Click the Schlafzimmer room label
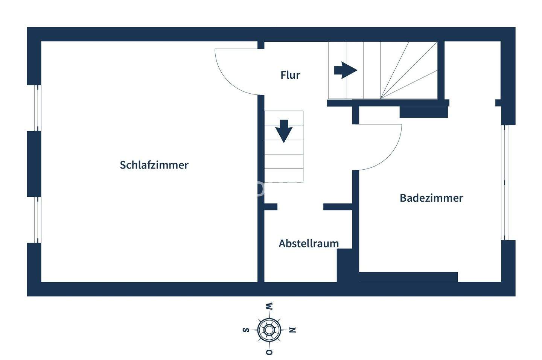click(x=154, y=165)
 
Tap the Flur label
click(x=290, y=75)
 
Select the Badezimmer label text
click(x=431, y=198)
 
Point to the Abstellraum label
click(x=309, y=243)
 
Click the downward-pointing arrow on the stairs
click(x=284, y=131)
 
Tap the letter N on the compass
click(x=292, y=330)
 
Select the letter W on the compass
click(x=269, y=306)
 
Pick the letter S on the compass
click(x=246, y=330)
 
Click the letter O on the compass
click(x=269, y=352)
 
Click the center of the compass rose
click(x=269, y=330)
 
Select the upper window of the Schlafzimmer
click(x=37, y=108)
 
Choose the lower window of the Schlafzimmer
click(x=37, y=220)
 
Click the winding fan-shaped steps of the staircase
click(x=410, y=71)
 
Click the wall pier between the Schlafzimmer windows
click(x=34, y=164)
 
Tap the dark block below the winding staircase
click(x=423, y=112)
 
